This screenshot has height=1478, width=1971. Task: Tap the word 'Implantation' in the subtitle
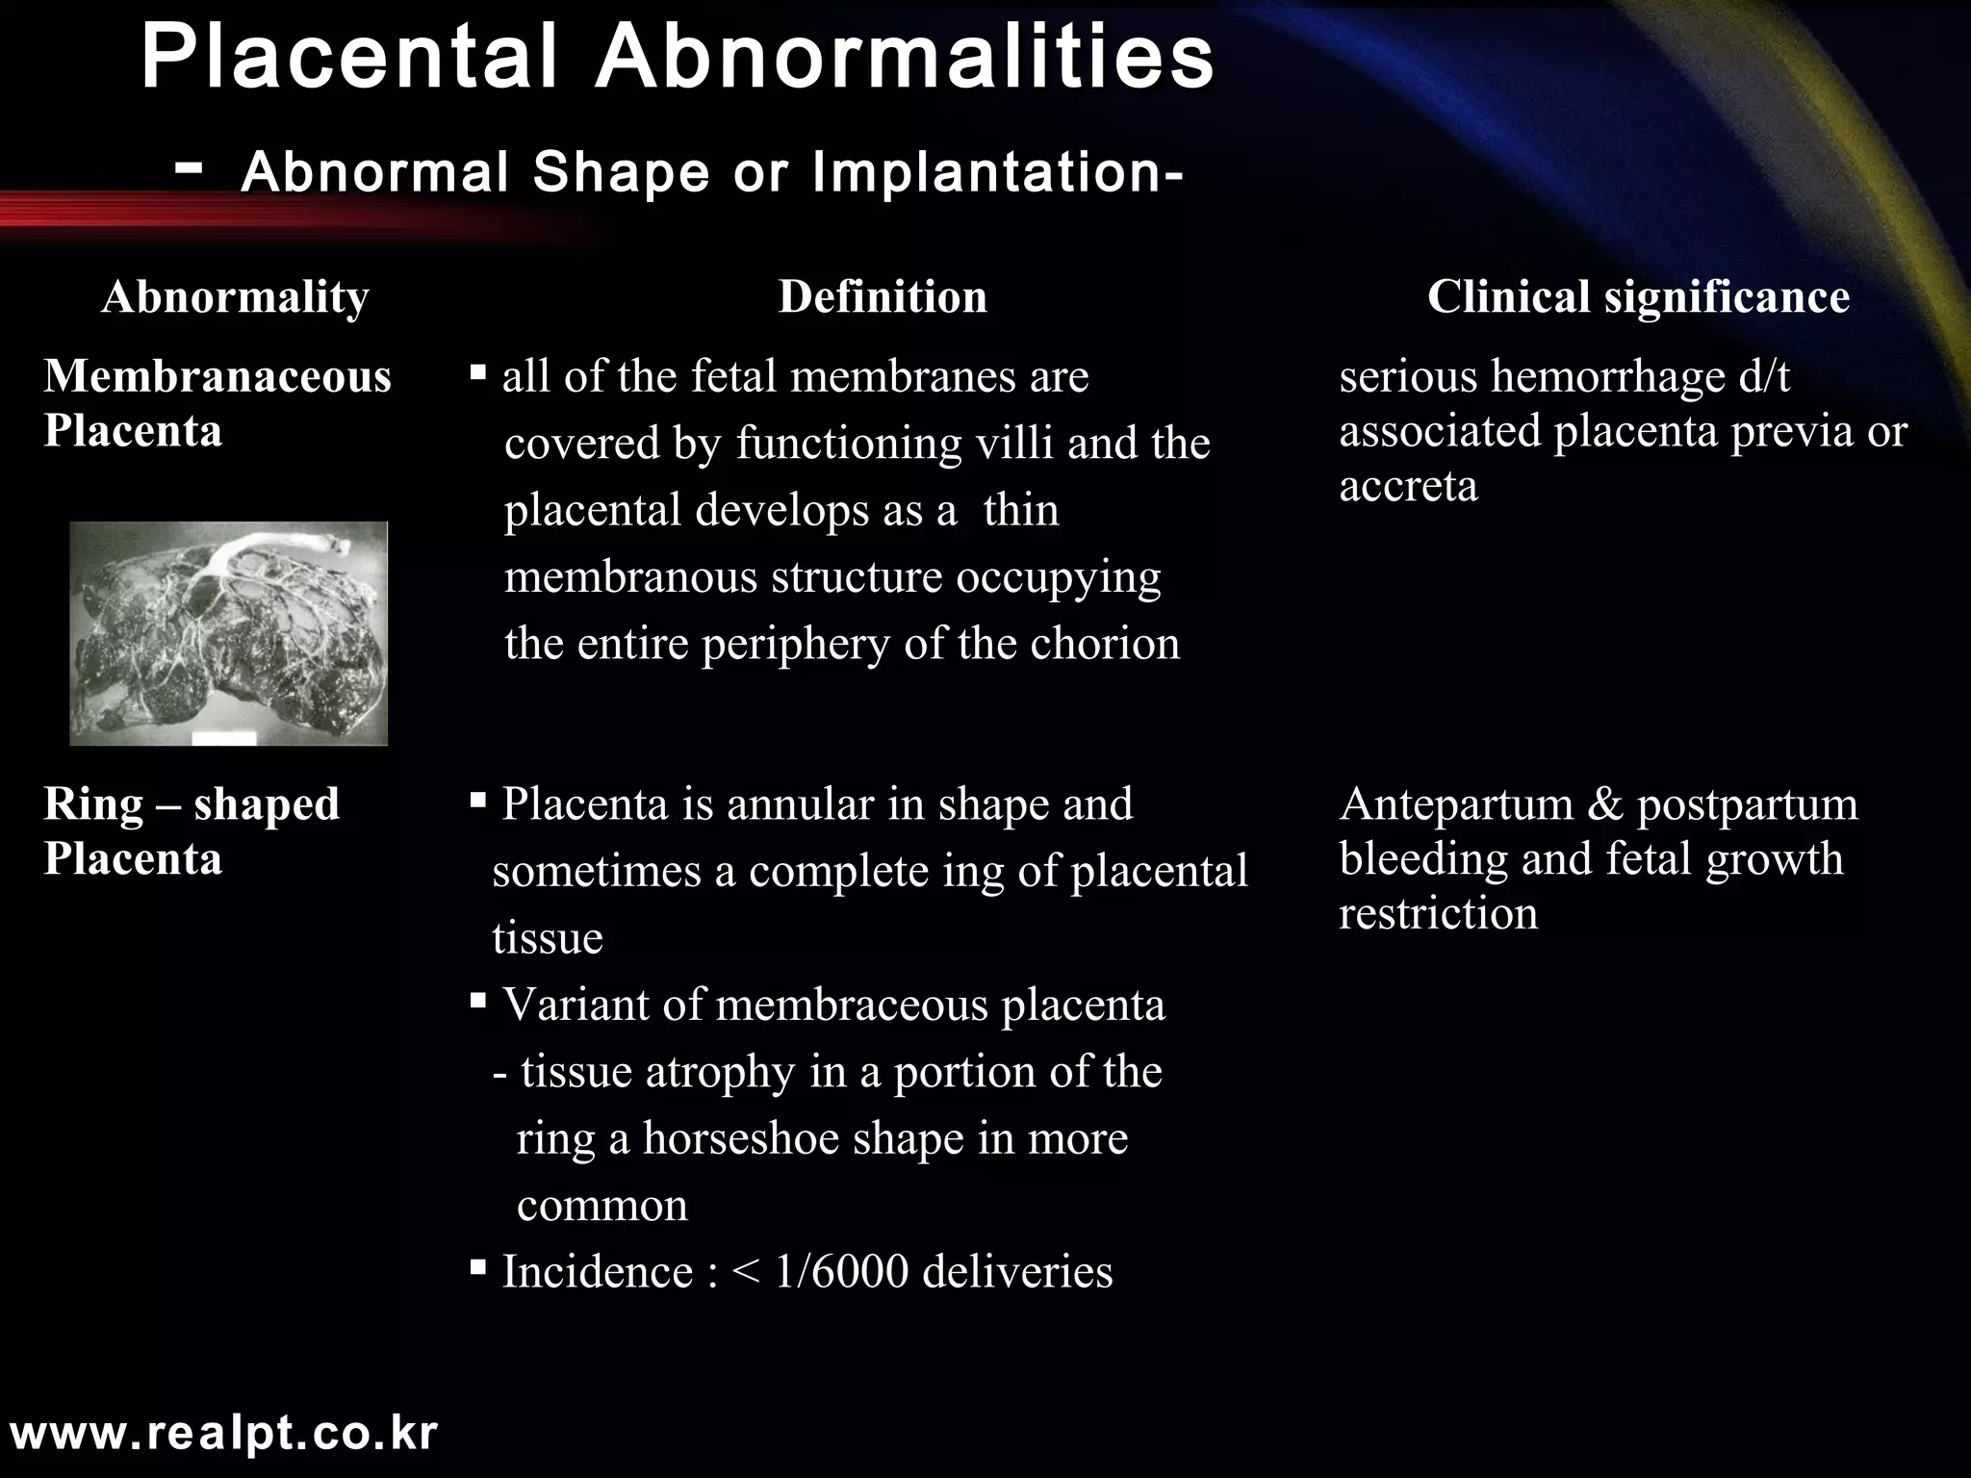coord(996,173)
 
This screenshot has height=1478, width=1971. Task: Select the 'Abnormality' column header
coord(235,296)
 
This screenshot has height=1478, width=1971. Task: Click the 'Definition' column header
coord(883,296)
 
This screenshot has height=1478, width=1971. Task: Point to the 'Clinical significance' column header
coord(1638,296)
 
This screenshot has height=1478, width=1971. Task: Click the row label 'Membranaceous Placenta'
coord(218,402)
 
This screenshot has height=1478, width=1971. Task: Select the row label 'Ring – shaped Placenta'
coord(192,830)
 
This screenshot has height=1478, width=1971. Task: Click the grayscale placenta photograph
coord(229,633)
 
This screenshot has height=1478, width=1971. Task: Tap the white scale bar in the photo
coord(224,737)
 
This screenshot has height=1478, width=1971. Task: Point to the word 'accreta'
coord(1408,486)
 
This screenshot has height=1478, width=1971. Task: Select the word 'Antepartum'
coord(1456,804)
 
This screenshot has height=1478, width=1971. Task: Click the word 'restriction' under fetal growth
coord(1438,914)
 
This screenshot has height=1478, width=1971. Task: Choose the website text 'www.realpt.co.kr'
coord(223,1434)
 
